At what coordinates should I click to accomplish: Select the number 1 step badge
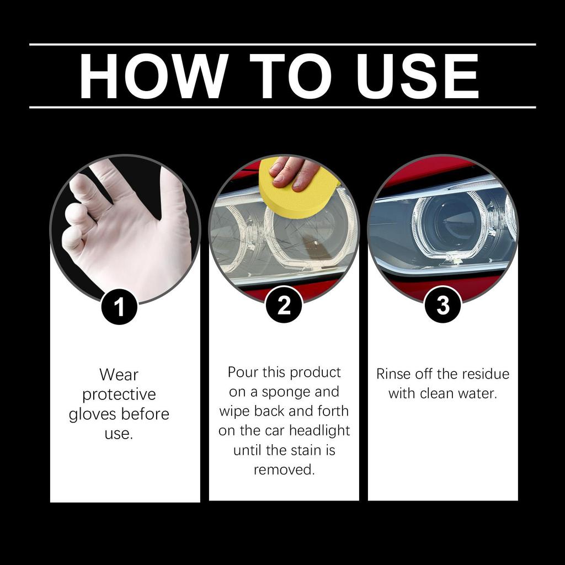click(x=119, y=307)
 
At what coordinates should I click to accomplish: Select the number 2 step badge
click(x=284, y=305)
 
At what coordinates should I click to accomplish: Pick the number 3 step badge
click(x=443, y=305)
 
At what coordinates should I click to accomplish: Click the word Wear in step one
click(x=119, y=375)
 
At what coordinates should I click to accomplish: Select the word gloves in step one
click(x=94, y=414)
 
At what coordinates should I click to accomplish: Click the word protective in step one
click(x=119, y=395)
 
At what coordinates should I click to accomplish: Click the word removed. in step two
click(x=284, y=470)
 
